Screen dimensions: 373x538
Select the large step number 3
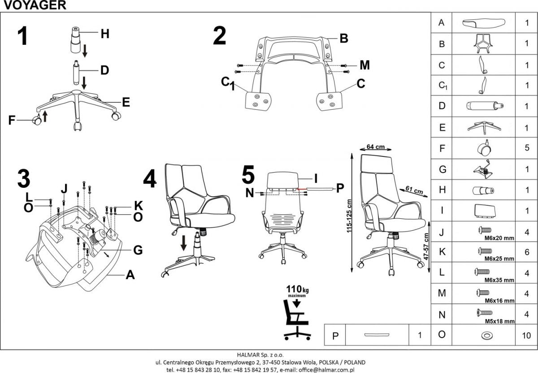coord(23,178)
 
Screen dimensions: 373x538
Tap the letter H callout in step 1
coord(104,34)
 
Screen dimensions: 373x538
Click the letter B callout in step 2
coord(343,39)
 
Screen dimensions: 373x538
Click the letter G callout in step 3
coord(138,250)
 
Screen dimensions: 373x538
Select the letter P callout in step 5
coord(340,188)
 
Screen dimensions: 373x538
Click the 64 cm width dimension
coord(376,147)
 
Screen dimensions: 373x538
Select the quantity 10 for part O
coord(526,335)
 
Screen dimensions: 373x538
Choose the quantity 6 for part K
coord(526,252)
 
